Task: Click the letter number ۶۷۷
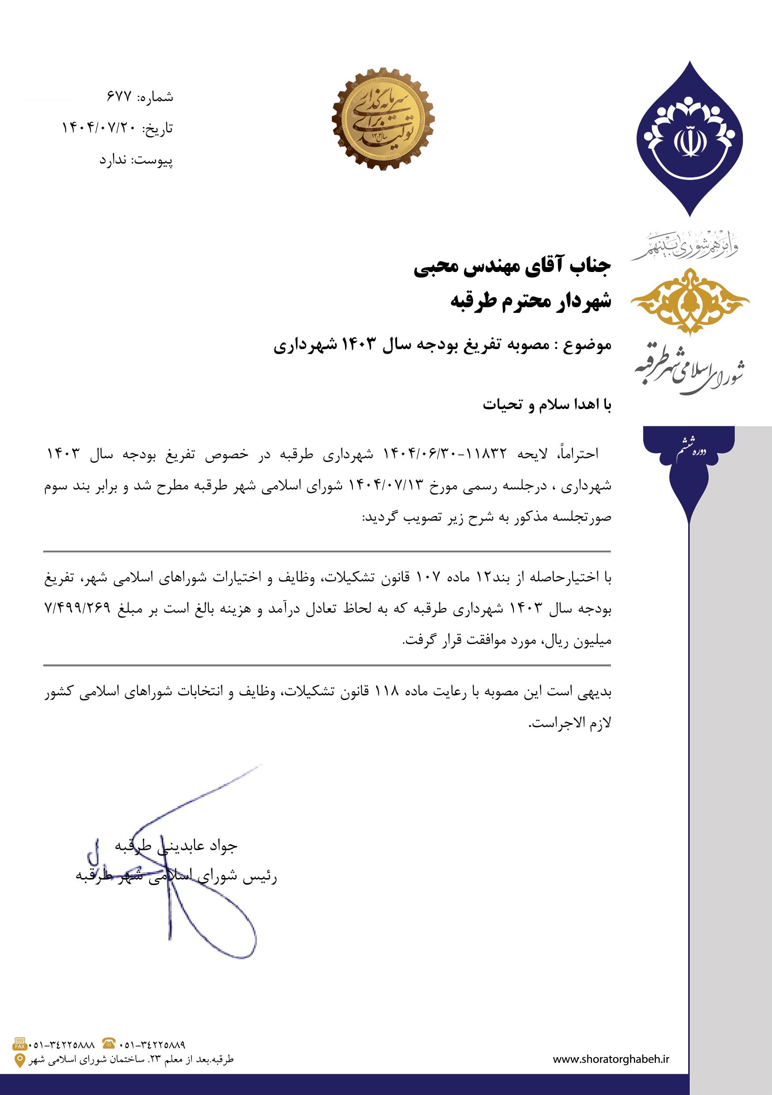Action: [119, 97]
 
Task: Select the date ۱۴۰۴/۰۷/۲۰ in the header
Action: [99, 128]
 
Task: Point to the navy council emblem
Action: [689, 138]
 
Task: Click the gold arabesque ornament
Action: [690, 301]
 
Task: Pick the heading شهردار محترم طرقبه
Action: [531, 302]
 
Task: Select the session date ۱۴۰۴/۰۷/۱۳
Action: [387, 486]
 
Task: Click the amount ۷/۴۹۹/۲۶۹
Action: [77, 608]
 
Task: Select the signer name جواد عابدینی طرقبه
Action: [176, 845]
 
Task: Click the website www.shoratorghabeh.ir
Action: [611, 1058]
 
